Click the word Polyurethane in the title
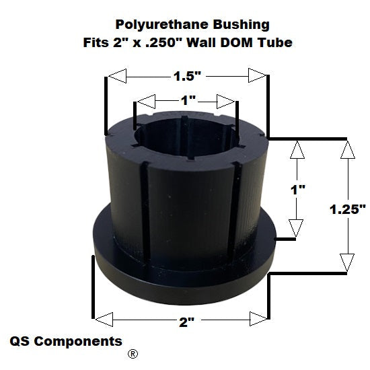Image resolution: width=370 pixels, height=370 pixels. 161,25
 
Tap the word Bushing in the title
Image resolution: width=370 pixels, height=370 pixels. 241,25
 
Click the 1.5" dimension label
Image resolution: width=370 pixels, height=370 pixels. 188,76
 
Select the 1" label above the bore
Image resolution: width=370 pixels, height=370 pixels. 188,100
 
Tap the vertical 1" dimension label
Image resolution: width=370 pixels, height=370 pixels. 298,190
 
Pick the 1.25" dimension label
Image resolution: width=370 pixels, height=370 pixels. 347,209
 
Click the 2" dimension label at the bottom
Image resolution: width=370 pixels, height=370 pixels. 186,322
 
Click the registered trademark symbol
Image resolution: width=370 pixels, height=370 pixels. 133,354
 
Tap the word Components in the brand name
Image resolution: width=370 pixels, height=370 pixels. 78,341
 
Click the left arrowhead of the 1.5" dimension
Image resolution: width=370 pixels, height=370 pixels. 117,76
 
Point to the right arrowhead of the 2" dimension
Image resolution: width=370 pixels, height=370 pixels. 258,319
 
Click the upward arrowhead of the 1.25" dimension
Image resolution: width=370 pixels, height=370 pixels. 348,149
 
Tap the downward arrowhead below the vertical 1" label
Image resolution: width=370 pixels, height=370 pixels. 296,227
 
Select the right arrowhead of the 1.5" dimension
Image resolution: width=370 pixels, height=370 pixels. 257,75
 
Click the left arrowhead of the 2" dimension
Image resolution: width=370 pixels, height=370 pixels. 104,320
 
